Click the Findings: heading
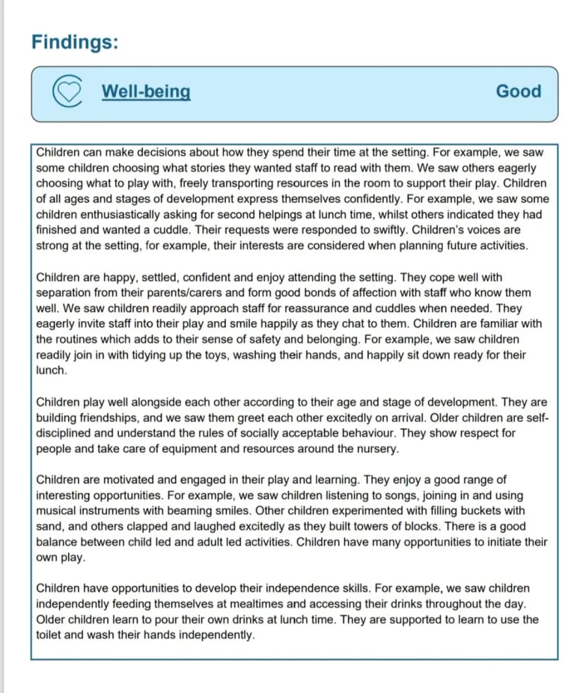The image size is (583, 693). [x=75, y=42]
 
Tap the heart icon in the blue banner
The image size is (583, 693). [x=68, y=92]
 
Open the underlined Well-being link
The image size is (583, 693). [x=146, y=92]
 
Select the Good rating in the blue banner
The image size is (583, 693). [x=518, y=92]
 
